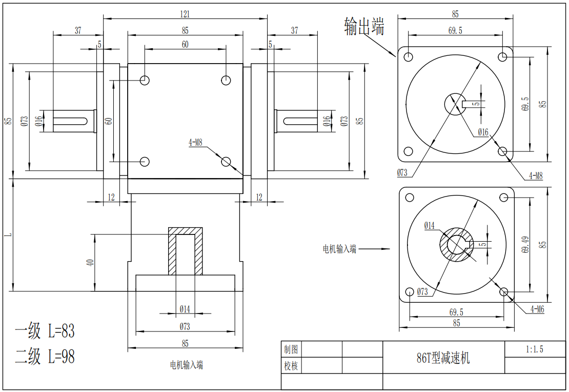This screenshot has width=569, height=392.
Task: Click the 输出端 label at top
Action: (364, 26)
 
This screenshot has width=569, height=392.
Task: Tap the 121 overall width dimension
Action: (185, 13)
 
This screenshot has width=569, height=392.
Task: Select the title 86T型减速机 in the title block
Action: (443, 358)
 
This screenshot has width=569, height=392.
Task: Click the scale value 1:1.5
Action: (534, 349)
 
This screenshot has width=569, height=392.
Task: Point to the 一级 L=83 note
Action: (45, 331)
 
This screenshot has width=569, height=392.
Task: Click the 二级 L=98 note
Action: (45, 356)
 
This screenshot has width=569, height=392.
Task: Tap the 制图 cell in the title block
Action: (291, 349)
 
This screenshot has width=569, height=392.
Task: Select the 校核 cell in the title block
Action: (291, 366)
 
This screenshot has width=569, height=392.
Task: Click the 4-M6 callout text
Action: (537, 309)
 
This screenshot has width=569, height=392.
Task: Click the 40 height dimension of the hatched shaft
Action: (90, 262)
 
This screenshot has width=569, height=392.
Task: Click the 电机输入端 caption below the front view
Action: (186, 365)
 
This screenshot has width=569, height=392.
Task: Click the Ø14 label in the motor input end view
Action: (429, 226)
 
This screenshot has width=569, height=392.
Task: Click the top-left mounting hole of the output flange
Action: (409, 56)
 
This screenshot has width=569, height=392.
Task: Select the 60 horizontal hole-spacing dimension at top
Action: (185, 45)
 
